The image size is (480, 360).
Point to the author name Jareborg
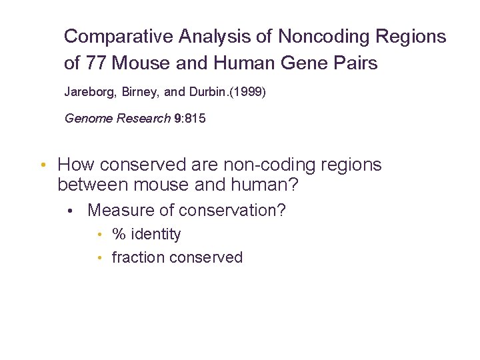click(x=91, y=91)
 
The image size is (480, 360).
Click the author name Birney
click(x=144, y=91)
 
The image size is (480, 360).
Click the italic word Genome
click(x=89, y=119)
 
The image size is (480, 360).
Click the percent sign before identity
click(x=119, y=235)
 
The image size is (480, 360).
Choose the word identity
click(x=156, y=235)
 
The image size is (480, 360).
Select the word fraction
click(x=138, y=257)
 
